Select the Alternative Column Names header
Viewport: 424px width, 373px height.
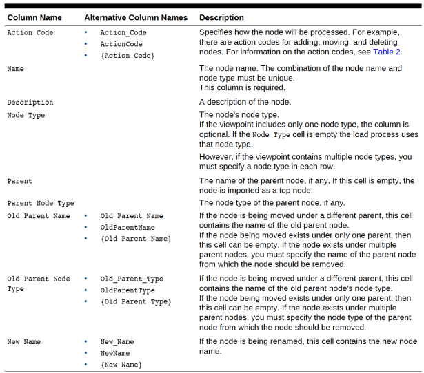point(136,17)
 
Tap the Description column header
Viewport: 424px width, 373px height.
point(221,17)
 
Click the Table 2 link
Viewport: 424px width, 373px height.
point(387,52)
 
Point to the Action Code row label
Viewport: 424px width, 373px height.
point(30,32)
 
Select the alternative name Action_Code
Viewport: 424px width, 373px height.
point(123,32)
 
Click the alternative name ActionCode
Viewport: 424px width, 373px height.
point(121,44)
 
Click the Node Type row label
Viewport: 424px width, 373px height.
point(26,115)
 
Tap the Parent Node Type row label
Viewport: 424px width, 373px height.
point(41,203)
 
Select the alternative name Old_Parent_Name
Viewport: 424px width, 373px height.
point(132,216)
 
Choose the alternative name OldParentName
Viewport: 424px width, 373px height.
point(128,227)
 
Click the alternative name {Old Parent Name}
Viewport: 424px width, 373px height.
point(136,239)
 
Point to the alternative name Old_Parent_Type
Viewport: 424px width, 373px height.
point(132,279)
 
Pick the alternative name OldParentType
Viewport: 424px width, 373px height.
point(128,290)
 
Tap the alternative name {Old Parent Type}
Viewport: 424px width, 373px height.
point(136,301)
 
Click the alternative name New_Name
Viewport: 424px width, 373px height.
point(117,342)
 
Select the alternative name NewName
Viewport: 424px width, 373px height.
point(115,353)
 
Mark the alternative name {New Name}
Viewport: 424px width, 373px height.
point(121,365)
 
